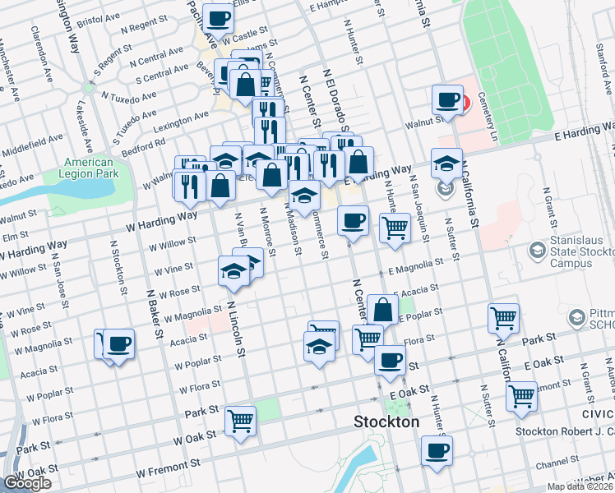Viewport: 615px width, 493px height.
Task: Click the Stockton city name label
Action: point(386,422)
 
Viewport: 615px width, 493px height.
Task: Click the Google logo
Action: point(27,484)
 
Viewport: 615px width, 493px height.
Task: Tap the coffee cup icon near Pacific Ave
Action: point(218,17)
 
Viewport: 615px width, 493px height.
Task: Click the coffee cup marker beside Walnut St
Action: point(448,100)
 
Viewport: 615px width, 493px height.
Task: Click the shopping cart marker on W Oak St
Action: point(241,421)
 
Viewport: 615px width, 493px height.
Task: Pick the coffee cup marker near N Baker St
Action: point(118,343)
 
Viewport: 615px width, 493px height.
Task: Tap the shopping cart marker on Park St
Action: point(503,317)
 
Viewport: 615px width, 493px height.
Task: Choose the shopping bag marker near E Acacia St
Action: point(383,310)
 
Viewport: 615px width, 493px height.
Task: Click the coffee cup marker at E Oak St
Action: point(390,359)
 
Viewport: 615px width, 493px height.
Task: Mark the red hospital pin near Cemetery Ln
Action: point(464,104)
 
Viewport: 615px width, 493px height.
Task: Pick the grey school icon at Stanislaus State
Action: point(538,248)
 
